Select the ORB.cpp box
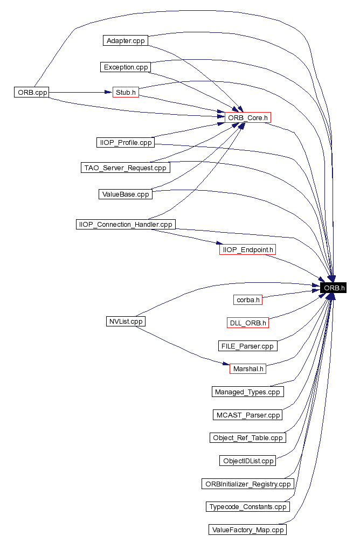pos(32,93)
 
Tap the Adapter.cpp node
pos(126,41)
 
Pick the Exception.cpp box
pos(126,67)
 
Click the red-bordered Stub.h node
pos(126,93)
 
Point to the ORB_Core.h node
pos(248,117)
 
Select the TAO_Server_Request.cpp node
pos(125,168)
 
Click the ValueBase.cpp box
pos(126,194)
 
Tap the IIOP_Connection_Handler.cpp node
pos(125,224)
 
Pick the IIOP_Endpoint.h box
pos(248,250)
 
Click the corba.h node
pos(248,300)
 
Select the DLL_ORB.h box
pos(248,323)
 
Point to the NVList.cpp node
pos(125,321)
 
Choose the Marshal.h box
pos(248,369)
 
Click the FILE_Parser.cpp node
pos(248,346)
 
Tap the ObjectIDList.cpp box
pos(248,461)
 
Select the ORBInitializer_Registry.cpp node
pos(248,484)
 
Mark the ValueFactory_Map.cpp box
pos(248,530)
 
